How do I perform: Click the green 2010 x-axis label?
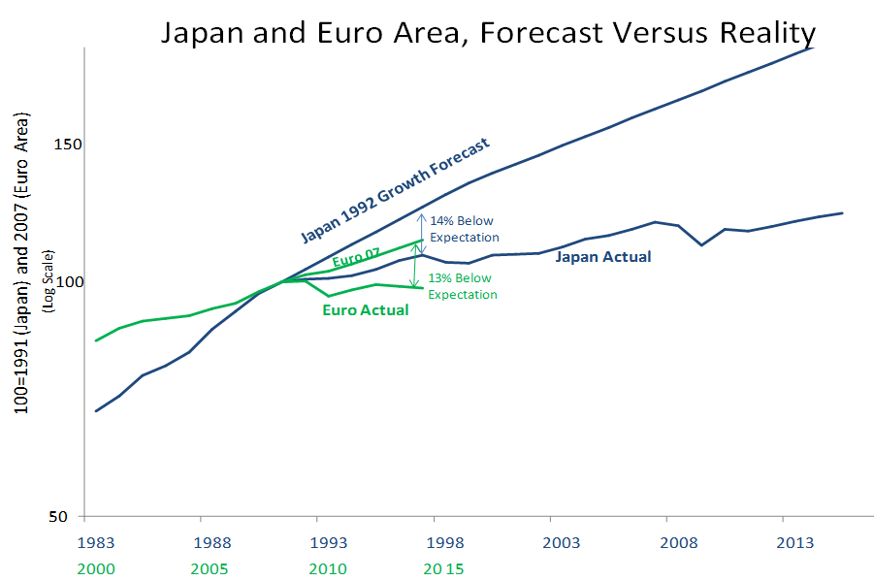pyautogui.click(x=328, y=567)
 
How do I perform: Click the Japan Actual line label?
pyautogui.click(x=602, y=257)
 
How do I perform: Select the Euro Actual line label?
pyautogui.click(x=365, y=310)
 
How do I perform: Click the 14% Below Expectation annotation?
pyautogui.click(x=465, y=229)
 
